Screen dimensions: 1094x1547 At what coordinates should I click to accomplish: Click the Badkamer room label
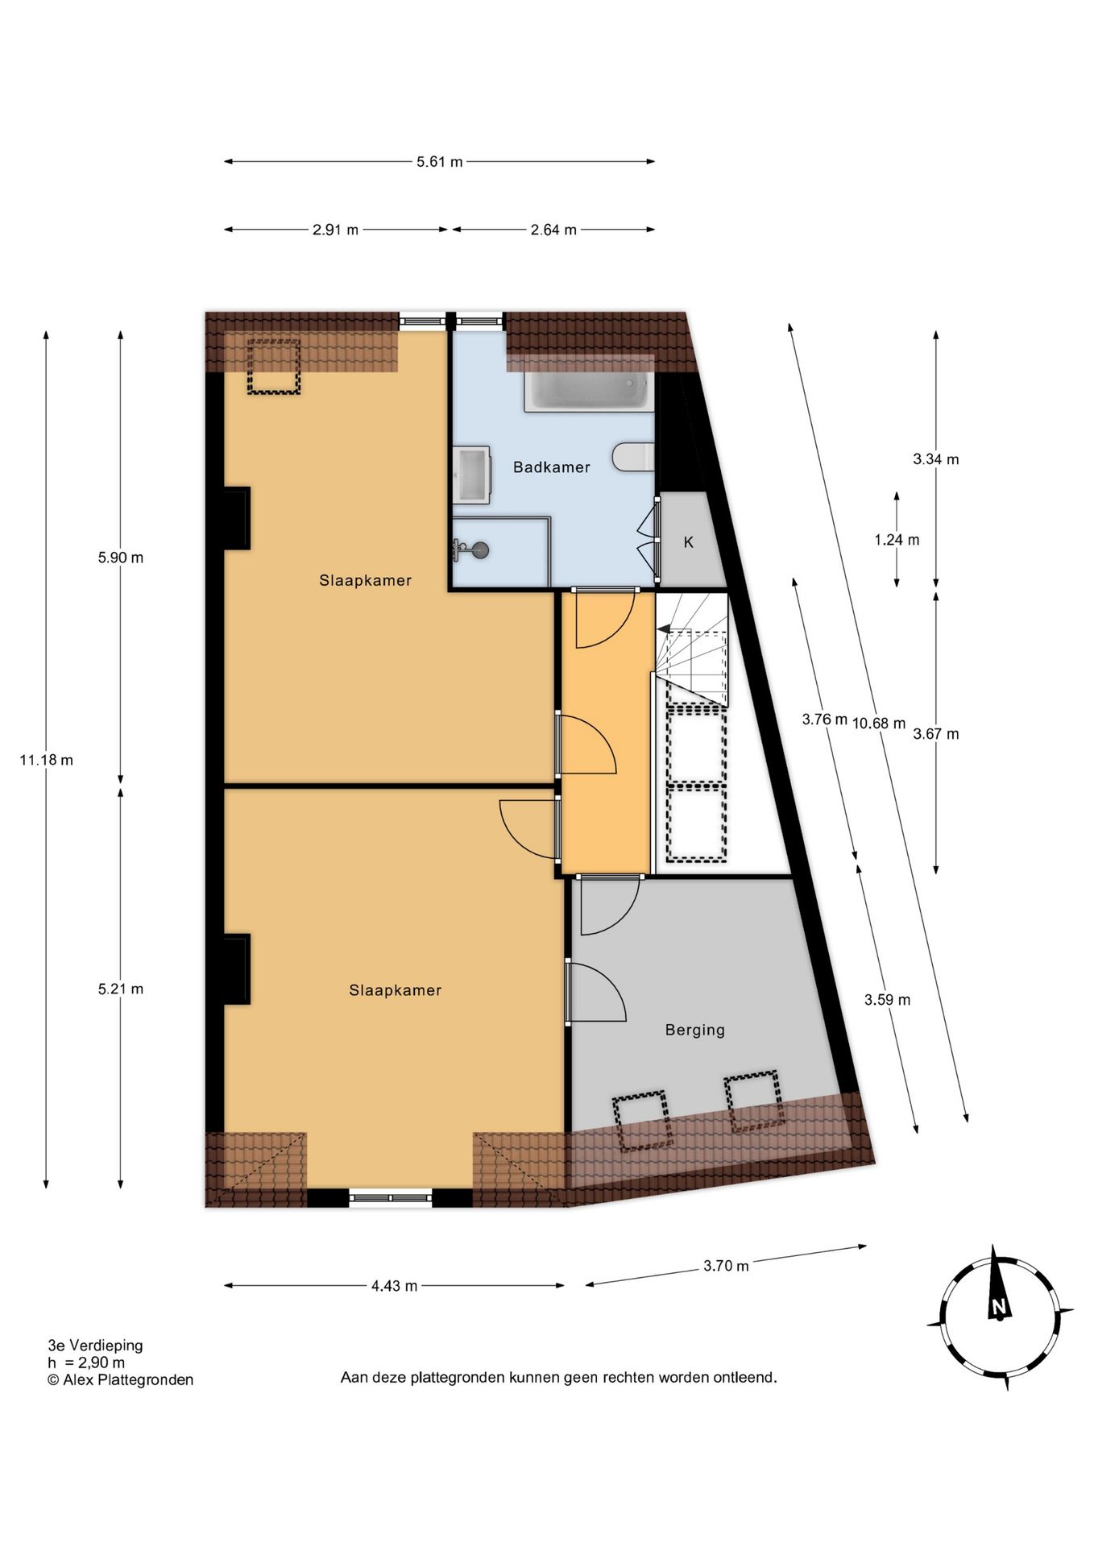(x=551, y=467)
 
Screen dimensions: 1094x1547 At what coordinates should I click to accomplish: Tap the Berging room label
(x=694, y=1030)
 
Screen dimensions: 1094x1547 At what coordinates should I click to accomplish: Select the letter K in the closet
(x=689, y=542)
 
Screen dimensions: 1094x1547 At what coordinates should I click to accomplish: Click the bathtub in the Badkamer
(x=589, y=391)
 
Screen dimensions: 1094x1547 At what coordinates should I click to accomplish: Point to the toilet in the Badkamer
(x=634, y=456)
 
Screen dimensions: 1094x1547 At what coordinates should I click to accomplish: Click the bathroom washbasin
(x=471, y=475)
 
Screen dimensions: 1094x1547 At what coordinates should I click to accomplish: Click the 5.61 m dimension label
(x=439, y=162)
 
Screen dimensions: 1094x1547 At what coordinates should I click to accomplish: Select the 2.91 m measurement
(x=335, y=230)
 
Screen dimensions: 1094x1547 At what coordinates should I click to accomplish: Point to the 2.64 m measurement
(x=553, y=230)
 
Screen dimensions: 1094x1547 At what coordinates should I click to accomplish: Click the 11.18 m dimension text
(x=46, y=760)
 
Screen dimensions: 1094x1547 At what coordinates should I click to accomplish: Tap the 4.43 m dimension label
(x=394, y=1286)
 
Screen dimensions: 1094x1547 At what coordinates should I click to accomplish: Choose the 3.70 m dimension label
(x=726, y=1266)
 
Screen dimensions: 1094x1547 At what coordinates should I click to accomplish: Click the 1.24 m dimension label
(x=897, y=540)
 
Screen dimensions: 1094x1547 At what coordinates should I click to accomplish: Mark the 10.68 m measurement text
(x=879, y=724)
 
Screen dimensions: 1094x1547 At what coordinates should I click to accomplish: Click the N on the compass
(x=999, y=1307)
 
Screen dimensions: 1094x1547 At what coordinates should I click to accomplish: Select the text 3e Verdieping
(x=95, y=1345)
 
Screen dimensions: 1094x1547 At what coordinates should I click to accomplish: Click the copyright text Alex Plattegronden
(x=128, y=1379)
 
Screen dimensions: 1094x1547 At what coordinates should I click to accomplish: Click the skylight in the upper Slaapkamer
(x=274, y=367)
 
